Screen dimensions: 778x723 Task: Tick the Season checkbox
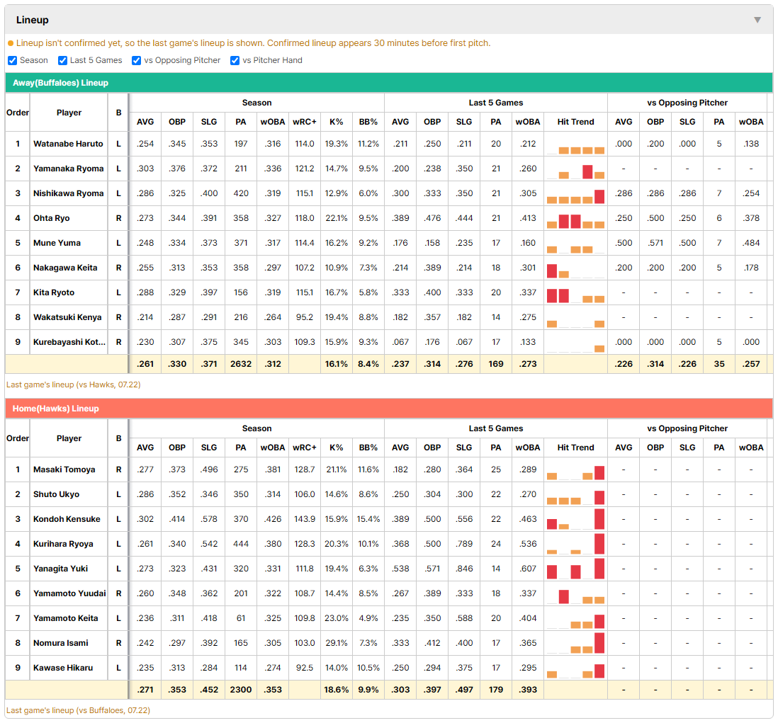click(x=13, y=60)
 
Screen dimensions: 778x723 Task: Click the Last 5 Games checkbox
click(x=62, y=60)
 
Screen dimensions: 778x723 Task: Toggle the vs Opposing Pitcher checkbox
click(x=137, y=60)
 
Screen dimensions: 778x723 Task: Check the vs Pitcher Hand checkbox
click(x=235, y=60)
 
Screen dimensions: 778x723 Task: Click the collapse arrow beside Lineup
click(x=757, y=20)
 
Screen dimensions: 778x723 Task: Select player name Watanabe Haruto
click(x=68, y=144)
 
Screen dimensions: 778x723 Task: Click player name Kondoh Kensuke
click(x=67, y=519)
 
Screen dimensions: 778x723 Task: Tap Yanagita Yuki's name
click(x=60, y=569)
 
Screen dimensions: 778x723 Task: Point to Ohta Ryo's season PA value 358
click(x=241, y=218)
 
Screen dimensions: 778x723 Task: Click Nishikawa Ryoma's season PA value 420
click(x=241, y=193)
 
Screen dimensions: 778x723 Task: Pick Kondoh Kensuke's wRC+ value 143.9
click(x=305, y=519)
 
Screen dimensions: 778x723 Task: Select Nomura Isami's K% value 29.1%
click(x=337, y=643)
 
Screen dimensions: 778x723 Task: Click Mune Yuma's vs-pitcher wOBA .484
click(x=751, y=243)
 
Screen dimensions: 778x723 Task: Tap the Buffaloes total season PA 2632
click(x=241, y=364)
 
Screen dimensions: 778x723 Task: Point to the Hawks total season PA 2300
click(x=241, y=690)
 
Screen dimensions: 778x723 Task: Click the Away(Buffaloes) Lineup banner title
click(x=60, y=83)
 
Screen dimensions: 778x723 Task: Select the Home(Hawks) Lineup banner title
click(x=55, y=409)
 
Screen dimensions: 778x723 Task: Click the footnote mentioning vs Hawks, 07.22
click(x=74, y=385)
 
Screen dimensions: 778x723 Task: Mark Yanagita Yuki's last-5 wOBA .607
click(x=527, y=569)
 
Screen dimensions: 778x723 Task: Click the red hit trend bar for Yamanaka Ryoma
click(x=587, y=171)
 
